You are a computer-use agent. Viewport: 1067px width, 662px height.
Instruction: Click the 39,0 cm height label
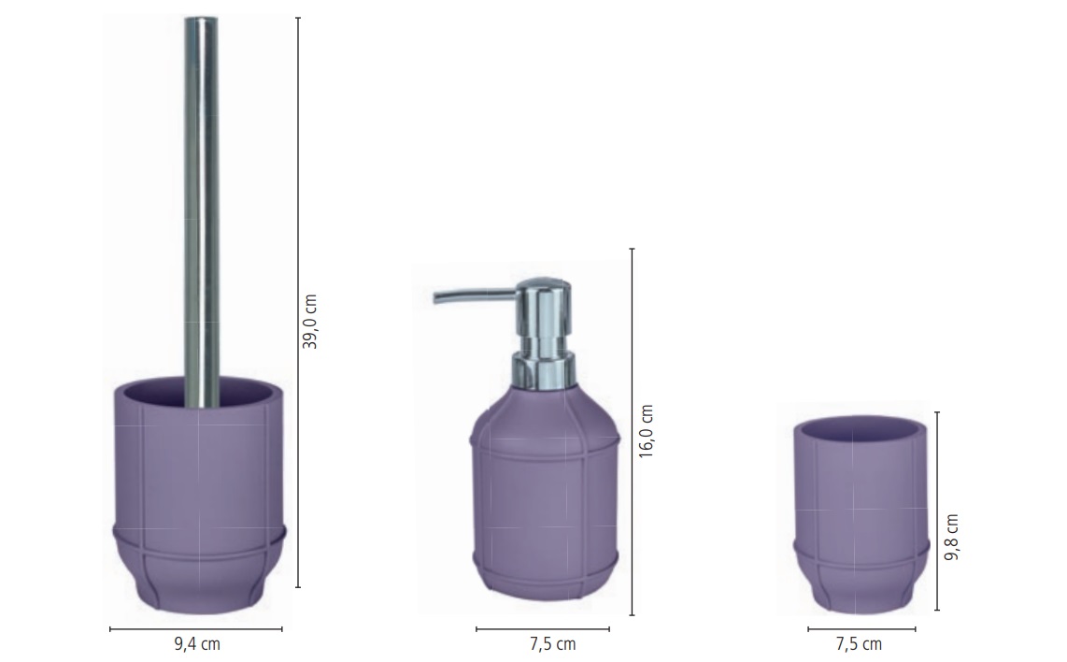(x=309, y=322)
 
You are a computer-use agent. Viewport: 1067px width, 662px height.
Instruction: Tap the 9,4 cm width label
(x=197, y=643)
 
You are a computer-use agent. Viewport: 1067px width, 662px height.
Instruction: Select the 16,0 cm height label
(x=646, y=431)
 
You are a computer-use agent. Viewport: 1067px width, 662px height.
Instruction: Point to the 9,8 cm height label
(x=951, y=537)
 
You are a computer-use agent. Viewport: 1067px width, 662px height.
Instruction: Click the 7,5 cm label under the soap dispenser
(x=552, y=643)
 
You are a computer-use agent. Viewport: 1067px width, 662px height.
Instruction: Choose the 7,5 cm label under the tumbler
(x=859, y=643)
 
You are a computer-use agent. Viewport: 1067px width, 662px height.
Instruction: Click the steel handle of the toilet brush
(x=202, y=211)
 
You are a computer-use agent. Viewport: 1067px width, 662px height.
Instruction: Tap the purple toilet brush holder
(x=199, y=496)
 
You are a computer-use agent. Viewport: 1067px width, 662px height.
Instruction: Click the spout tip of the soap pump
(x=436, y=297)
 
